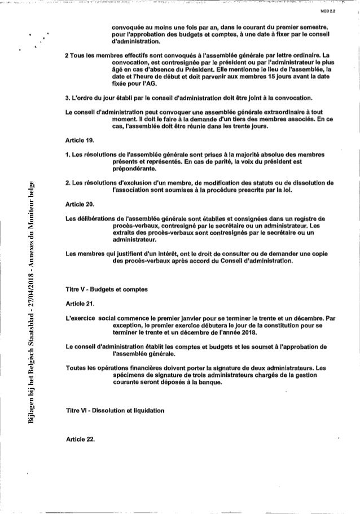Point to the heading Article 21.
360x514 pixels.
tap(77, 304)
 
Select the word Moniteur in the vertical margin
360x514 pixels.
tap(34, 212)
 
